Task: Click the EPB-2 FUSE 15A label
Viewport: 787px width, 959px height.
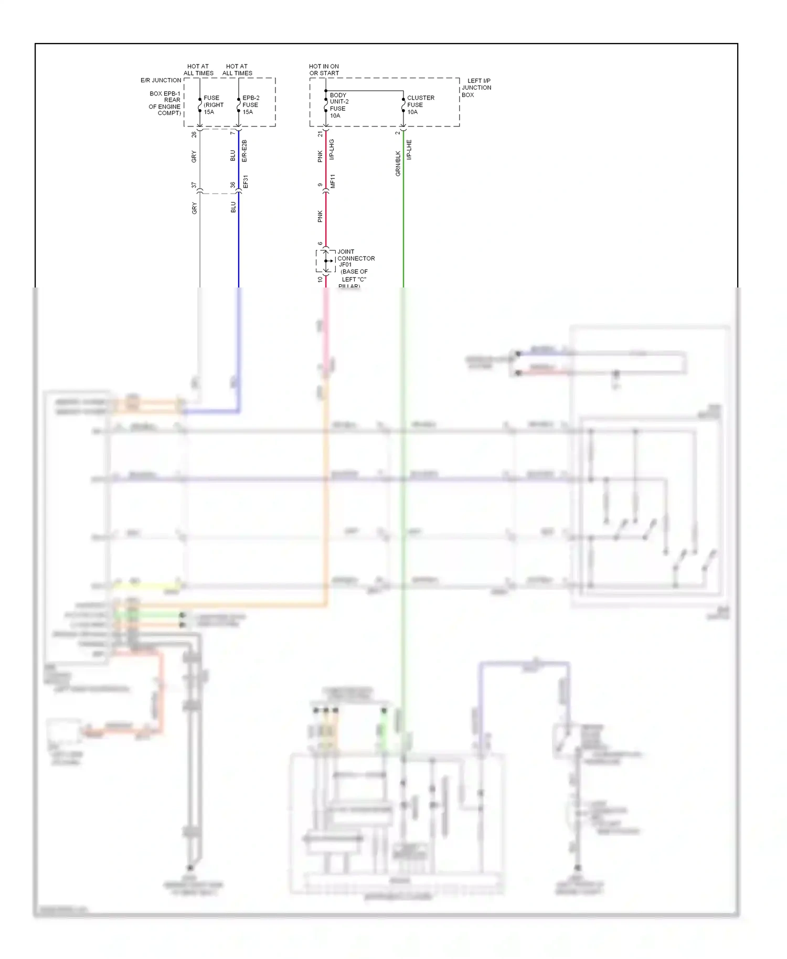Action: (250, 105)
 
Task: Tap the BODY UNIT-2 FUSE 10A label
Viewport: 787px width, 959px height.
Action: (338, 105)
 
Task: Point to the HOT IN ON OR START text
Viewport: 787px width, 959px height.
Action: (324, 70)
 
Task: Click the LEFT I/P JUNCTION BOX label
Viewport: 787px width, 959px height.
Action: (476, 88)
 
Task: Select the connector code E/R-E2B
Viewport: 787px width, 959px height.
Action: (244, 151)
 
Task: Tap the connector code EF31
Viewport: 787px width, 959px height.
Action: (246, 182)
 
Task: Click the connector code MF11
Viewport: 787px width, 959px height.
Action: (333, 182)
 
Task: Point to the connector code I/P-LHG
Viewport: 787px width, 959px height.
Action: (332, 150)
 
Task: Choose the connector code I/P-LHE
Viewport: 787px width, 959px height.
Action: (409, 150)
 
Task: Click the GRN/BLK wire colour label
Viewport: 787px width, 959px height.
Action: (398, 163)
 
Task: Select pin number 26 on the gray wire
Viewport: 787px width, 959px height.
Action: (194, 134)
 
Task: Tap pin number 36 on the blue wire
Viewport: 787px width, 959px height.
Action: (233, 185)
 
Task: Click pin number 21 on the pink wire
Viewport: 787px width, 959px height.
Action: (320, 134)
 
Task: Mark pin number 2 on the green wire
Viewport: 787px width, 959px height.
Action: (398, 133)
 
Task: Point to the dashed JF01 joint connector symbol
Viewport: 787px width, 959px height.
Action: (325, 261)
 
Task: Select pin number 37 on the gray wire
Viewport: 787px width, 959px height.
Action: (194, 185)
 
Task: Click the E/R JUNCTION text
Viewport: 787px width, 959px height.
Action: (161, 80)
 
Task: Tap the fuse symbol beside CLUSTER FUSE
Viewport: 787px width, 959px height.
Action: (403, 105)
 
